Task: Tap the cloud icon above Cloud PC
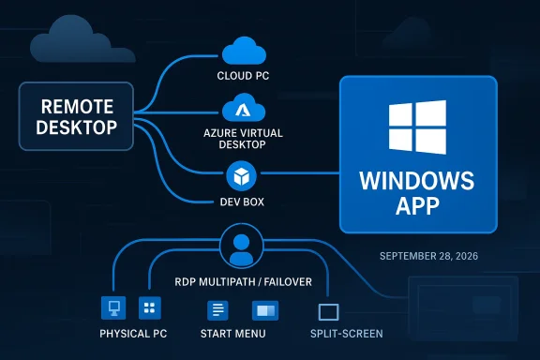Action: point(241,50)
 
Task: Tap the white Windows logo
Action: point(417,127)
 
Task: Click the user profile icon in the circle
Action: point(241,247)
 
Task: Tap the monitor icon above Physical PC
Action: point(112,307)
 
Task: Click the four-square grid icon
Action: point(149,307)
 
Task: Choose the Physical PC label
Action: point(130,334)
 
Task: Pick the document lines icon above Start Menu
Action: point(217,309)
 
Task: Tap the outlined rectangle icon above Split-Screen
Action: point(329,311)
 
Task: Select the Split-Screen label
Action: point(347,334)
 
